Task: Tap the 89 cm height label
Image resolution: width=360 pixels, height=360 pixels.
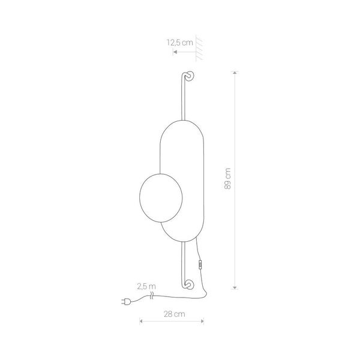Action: click(x=227, y=179)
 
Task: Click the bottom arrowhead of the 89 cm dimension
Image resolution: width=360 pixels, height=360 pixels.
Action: click(x=235, y=288)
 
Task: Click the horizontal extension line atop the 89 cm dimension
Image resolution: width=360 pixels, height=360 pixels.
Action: click(x=235, y=71)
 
